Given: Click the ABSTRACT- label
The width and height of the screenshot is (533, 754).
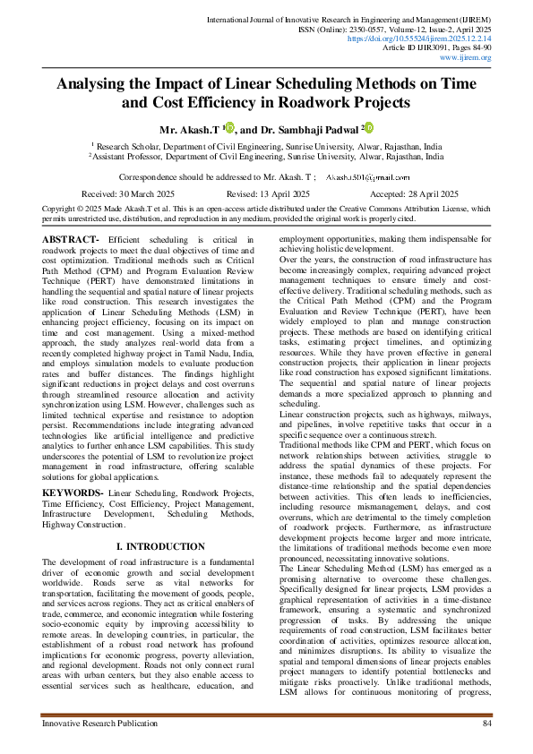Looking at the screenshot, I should click(x=72, y=240).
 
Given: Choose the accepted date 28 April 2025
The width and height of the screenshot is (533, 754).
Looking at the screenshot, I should click(x=426, y=193).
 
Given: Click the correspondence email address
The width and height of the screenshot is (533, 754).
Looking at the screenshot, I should click(x=367, y=178).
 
